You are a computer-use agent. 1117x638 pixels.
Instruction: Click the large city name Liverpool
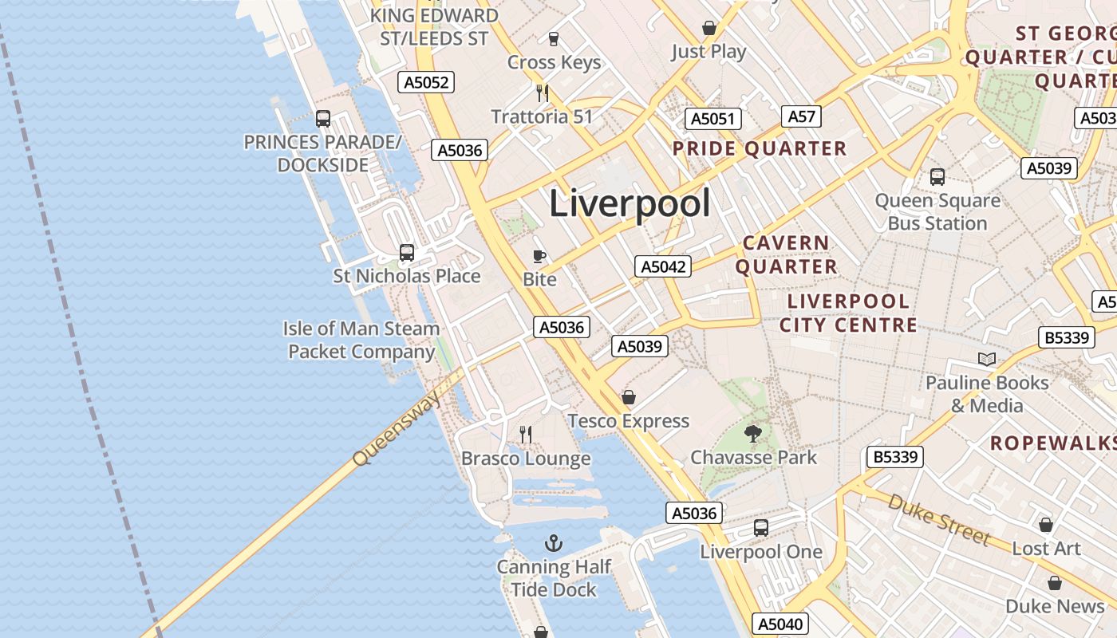point(630,204)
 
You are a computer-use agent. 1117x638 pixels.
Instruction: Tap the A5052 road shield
point(427,82)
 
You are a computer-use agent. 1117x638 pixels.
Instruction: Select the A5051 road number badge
point(712,119)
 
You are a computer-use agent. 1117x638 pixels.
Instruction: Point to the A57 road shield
point(801,116)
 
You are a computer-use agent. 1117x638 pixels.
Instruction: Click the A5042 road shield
point(663,266)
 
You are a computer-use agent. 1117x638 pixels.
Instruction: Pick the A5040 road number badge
point(780,624)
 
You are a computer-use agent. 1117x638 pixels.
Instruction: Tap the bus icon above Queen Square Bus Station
point(937,176)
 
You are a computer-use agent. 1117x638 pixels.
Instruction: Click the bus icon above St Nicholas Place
point(407,253)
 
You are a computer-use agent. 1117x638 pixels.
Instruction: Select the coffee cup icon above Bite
point(539,256)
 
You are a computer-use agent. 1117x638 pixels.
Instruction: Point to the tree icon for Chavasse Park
point(752,434)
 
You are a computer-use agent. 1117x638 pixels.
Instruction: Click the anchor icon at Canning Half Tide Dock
point(554,544)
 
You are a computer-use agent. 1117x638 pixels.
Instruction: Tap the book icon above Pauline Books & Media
point(987,359)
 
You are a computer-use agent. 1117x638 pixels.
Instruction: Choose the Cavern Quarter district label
point(787,254)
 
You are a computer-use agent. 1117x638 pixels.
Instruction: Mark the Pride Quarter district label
point(759,148)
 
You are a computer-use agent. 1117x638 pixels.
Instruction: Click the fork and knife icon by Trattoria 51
point(543,93)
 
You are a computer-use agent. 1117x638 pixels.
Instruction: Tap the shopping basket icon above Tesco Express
point(629,397)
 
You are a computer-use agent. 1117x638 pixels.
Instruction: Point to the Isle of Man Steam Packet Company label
point(361,340)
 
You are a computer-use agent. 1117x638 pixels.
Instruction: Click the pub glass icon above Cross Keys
point(554,38)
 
